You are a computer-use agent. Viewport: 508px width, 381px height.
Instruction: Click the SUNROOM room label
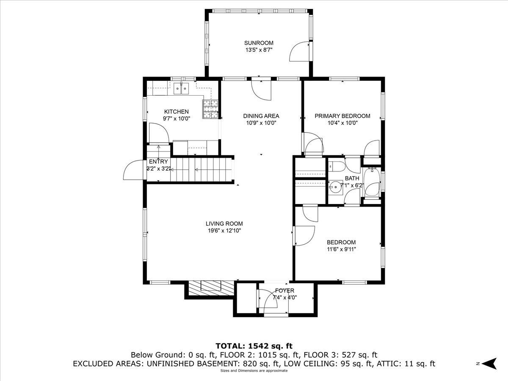pos(259,43)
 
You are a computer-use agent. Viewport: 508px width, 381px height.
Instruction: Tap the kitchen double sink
pos(182,88)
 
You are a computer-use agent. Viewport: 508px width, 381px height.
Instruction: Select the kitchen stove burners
pos(210,109)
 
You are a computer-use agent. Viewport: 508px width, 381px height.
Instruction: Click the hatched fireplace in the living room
pos(211,288)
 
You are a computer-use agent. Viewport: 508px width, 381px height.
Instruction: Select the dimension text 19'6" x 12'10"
pos(224,230)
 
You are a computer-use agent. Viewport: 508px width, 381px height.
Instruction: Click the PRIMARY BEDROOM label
pos(342,116)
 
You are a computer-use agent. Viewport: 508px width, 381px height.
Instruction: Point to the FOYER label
pos(284,290)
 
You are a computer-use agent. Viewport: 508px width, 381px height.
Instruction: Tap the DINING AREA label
pos(261,116)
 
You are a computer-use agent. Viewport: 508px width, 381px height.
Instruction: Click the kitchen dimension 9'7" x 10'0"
pos(177,119)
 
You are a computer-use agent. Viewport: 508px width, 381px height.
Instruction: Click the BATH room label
pos(352,178)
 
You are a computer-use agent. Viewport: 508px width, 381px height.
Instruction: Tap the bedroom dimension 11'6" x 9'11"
pos(341,249)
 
